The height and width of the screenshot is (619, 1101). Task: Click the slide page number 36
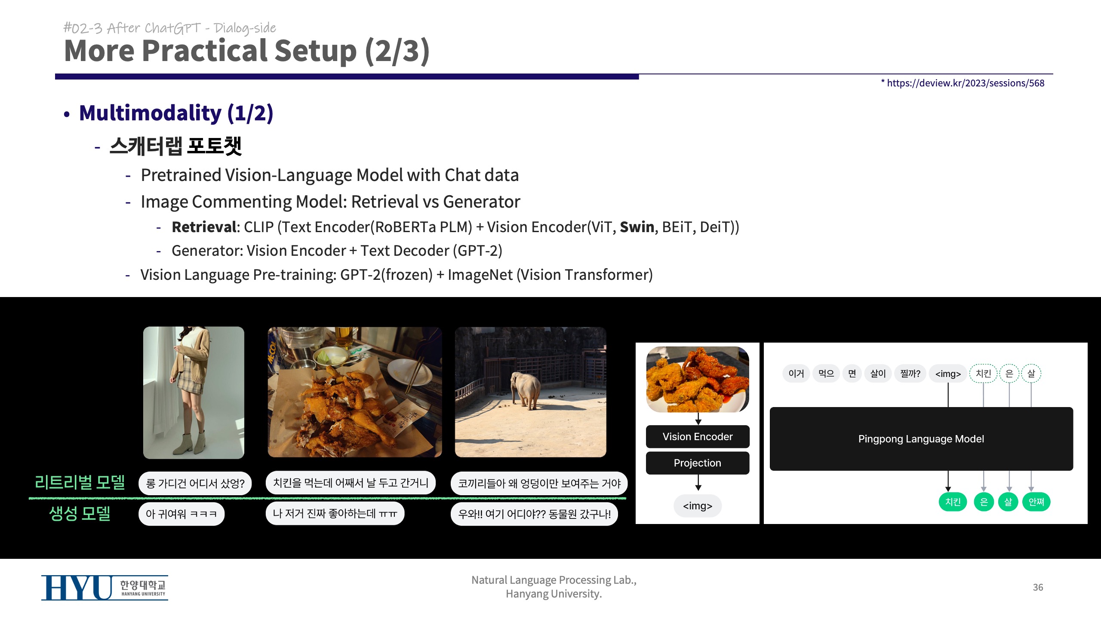(1038, 587)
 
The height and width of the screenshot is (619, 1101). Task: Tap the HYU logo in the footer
(105, 588)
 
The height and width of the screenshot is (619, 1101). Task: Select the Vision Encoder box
(698, 437)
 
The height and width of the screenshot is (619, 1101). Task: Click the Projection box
(698, 463)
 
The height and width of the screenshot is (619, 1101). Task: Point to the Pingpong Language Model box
(921, 439)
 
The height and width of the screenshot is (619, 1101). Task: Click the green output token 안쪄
(1036, 502)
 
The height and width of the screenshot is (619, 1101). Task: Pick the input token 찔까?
(910, 374)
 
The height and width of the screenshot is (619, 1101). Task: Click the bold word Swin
(637, 227)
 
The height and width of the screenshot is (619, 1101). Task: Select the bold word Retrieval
(204, 227)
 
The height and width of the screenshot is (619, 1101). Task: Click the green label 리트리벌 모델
(80, 482)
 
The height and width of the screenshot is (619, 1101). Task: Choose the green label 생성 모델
(80, 513)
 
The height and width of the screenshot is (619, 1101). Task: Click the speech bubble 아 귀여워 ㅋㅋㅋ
(181, 514)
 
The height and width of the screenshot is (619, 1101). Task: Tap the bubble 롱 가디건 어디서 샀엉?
(195, 484)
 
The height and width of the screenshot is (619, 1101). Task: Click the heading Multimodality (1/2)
(176, 113)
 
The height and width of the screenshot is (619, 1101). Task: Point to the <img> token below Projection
(698, 506)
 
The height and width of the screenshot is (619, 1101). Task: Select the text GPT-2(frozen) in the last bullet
(386, 275)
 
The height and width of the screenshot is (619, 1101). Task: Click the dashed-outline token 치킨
(983, 374)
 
